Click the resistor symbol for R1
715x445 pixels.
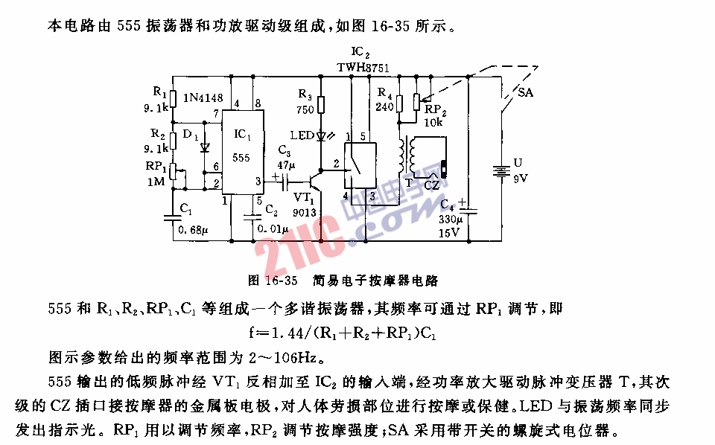click(173, 98)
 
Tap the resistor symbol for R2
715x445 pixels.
click(173, 141)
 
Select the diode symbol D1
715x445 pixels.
click(205, 147)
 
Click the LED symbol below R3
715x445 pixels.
click(321, 135)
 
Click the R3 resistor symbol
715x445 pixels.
click(321, 104)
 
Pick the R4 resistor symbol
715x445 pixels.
click(399, 104)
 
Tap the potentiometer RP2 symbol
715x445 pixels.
click(417, 101)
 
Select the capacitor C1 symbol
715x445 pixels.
click(173, 217)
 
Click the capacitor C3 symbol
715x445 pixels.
click(285, 182)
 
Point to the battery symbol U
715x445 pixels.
click(501, 171)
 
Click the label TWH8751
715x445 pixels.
click(363, 68)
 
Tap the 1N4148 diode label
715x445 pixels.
click(203, 97)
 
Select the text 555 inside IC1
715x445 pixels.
click(241, 158)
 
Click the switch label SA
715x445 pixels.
click(525, 92)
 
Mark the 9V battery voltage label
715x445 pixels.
click(521, 179)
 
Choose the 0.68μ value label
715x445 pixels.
click(193, 230)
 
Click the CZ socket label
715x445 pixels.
click(431, 185)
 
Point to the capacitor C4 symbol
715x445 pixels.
click(468, 211)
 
